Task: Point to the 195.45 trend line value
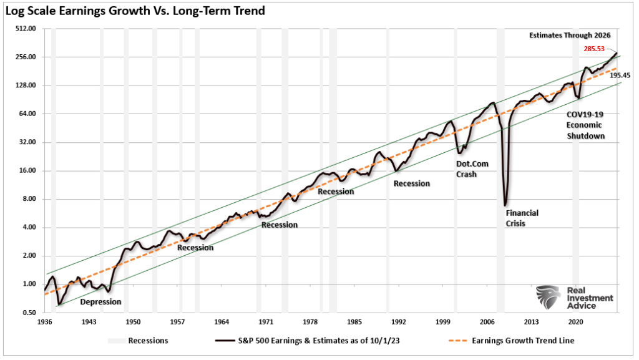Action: pos(620,75)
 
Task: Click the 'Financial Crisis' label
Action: pos(522,218)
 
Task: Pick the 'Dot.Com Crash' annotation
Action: pos(472,169)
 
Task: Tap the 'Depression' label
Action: pos(100,302)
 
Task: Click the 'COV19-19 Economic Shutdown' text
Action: pos(585,125)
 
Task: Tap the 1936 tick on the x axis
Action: pos(44,322)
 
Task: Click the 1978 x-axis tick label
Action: pos(310,322)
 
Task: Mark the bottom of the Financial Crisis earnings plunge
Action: pos(505,205)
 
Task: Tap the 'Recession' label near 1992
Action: pos(411,183)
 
